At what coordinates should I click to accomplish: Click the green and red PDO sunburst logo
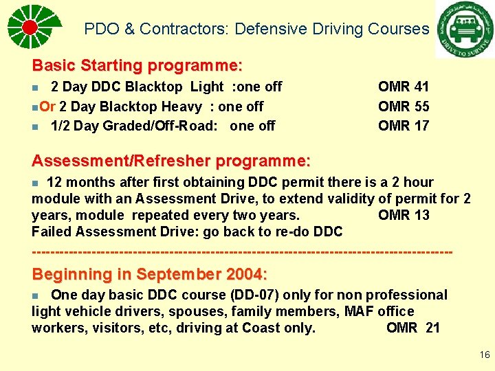click(x=30, y=27)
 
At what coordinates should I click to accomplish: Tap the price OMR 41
click(x=404, y=87)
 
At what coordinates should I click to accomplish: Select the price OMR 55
click(x=404, y=106)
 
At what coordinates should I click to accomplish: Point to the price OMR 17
click(x=404, y=126)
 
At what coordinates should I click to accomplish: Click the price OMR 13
click(x=404, y=215)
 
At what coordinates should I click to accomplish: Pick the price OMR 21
click(x=413, y=328)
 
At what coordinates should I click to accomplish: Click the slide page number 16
click(x=485, y=355)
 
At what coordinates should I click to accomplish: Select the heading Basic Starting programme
click(x=137, y=66)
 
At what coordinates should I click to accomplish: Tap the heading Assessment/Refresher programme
click(x=171, y=161)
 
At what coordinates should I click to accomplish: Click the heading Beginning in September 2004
click(x=149, y=274)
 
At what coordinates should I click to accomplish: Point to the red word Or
click(x=47, y=106)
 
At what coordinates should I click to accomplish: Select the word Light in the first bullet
click(x=207, y=87)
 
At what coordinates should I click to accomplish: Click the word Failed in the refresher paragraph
click(x=52, y=232)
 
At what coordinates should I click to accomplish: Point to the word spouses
click(x=162, y=311)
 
